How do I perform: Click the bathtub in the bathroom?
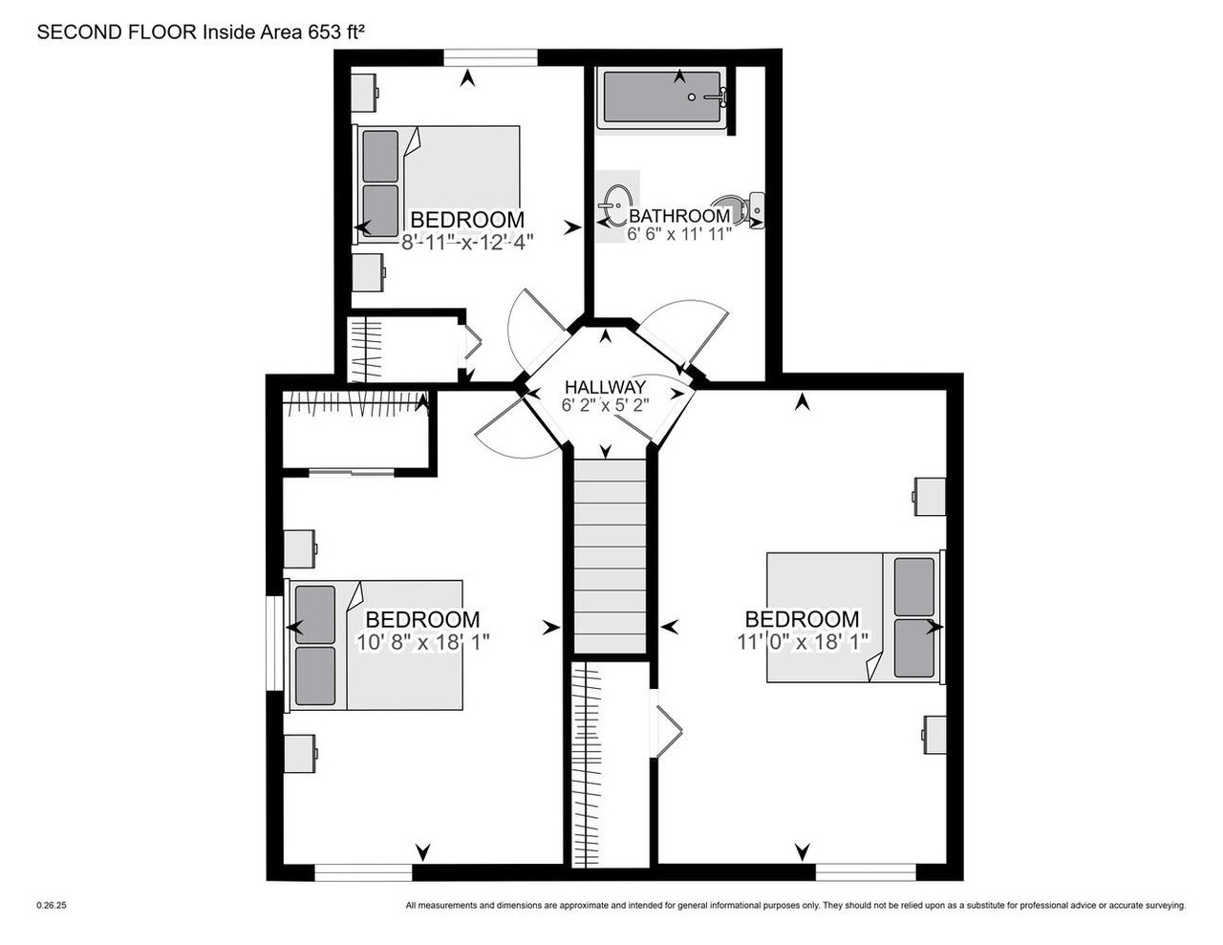tap(662, 97)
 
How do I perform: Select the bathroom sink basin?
tap(613, 204)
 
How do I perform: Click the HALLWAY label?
tap(605, 386)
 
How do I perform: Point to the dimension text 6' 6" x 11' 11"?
tap(678, 232)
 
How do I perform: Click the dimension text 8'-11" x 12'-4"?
tap(466, 242)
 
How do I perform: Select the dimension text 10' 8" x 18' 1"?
tap(422, 642)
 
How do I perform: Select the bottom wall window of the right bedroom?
tap(865, 871)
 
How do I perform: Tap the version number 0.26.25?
tap(52, 905)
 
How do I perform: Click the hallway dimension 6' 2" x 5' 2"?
tap(605, 404)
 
